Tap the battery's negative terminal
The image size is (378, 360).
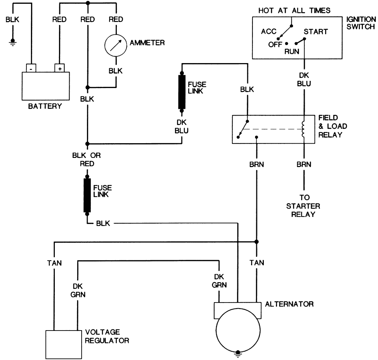tap(31, 68)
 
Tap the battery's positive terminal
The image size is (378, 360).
tap(59, 68)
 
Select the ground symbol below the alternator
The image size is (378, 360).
tap(238, 353)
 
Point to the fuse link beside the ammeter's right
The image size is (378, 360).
tap(181, 92)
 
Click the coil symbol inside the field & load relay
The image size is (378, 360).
tap(303, 129)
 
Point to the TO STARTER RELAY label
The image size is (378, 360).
tap(303, 206)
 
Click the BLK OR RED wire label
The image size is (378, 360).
tap(87, 159)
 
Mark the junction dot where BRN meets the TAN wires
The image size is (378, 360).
tap(257, 242)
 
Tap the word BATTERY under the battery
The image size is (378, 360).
tap(45, 106)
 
